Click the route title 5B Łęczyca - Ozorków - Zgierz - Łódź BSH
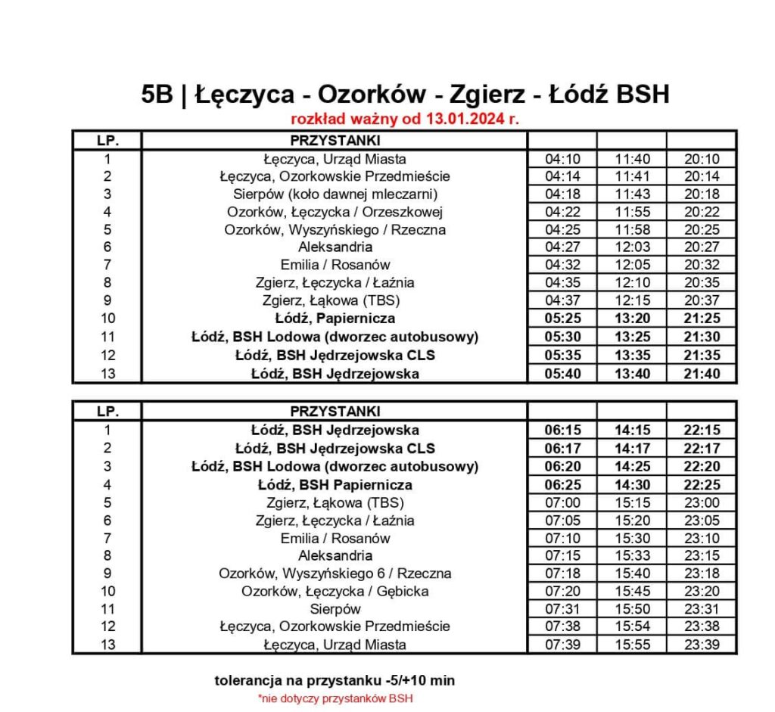405,95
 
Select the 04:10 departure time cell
562,160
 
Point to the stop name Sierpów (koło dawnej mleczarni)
335,194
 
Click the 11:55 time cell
631,212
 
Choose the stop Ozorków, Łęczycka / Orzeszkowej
335,212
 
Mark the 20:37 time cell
701,300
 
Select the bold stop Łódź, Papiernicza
335,319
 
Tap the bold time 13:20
631,319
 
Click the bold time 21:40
701,374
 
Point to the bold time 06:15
562,430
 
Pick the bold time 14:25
631,466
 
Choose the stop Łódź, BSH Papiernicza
335,484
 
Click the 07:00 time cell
562,502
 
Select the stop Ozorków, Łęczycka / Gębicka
335,591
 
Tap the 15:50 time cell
631,609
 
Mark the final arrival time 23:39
701,645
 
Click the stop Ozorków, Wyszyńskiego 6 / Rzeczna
335,574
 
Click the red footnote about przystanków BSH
335,698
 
